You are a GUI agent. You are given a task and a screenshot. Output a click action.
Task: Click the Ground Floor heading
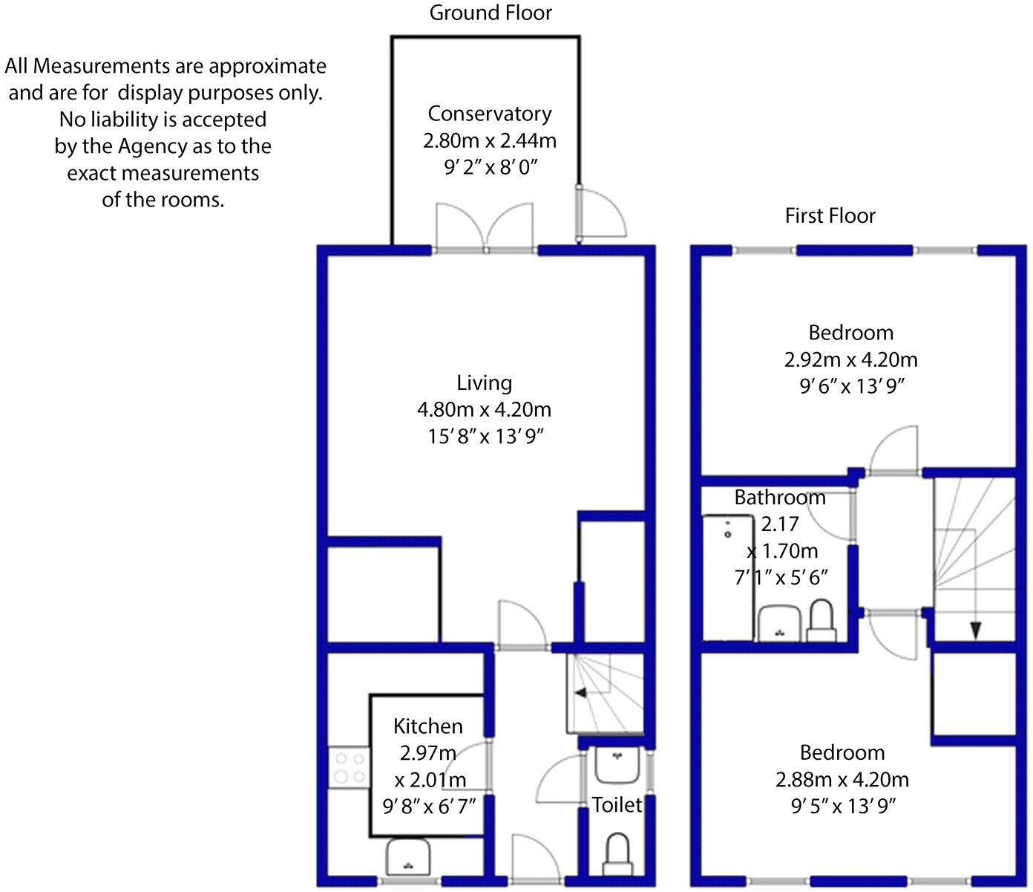(491, 13)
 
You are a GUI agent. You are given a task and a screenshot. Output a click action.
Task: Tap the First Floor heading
(830, 216)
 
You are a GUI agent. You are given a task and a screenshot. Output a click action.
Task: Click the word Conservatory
(490, 114)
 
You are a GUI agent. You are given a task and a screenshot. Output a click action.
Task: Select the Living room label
(485, 382)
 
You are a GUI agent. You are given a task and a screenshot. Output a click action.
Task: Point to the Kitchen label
(428, 726)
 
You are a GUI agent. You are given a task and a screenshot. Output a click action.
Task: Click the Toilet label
(617, 804)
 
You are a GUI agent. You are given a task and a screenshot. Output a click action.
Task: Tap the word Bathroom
(780, 497)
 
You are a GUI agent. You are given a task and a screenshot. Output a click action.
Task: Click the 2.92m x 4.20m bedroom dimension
(850, 360)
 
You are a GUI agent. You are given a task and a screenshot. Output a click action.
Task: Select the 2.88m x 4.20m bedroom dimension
(842, 780)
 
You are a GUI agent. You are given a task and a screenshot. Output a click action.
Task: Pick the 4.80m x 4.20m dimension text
(485, 409)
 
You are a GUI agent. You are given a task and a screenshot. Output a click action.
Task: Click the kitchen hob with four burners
(350, 768)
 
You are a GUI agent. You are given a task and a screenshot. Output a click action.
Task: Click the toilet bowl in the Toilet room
(617, 854)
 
